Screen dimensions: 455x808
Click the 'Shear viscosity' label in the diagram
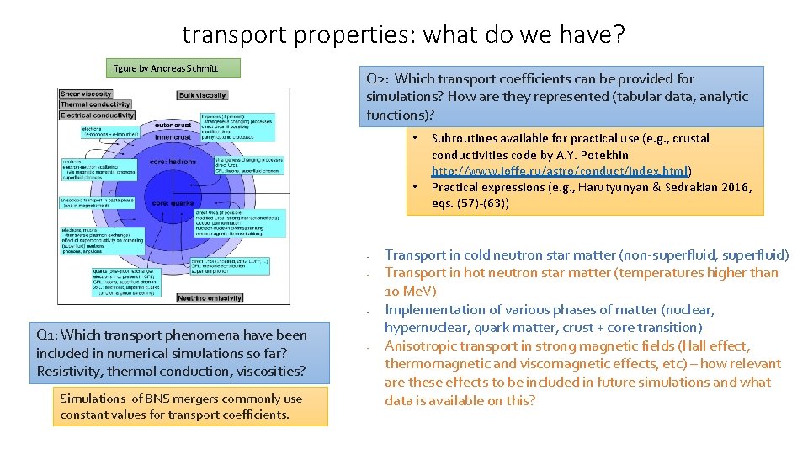(86, 94)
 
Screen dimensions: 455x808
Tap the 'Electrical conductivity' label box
(98, 115)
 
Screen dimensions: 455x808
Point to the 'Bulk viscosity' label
(202, 95)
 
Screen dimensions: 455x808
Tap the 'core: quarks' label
(173, 203)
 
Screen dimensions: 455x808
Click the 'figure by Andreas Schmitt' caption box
(166, 68)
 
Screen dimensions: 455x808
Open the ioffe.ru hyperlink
(561, 171)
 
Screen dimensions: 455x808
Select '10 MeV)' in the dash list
(410, 291)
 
